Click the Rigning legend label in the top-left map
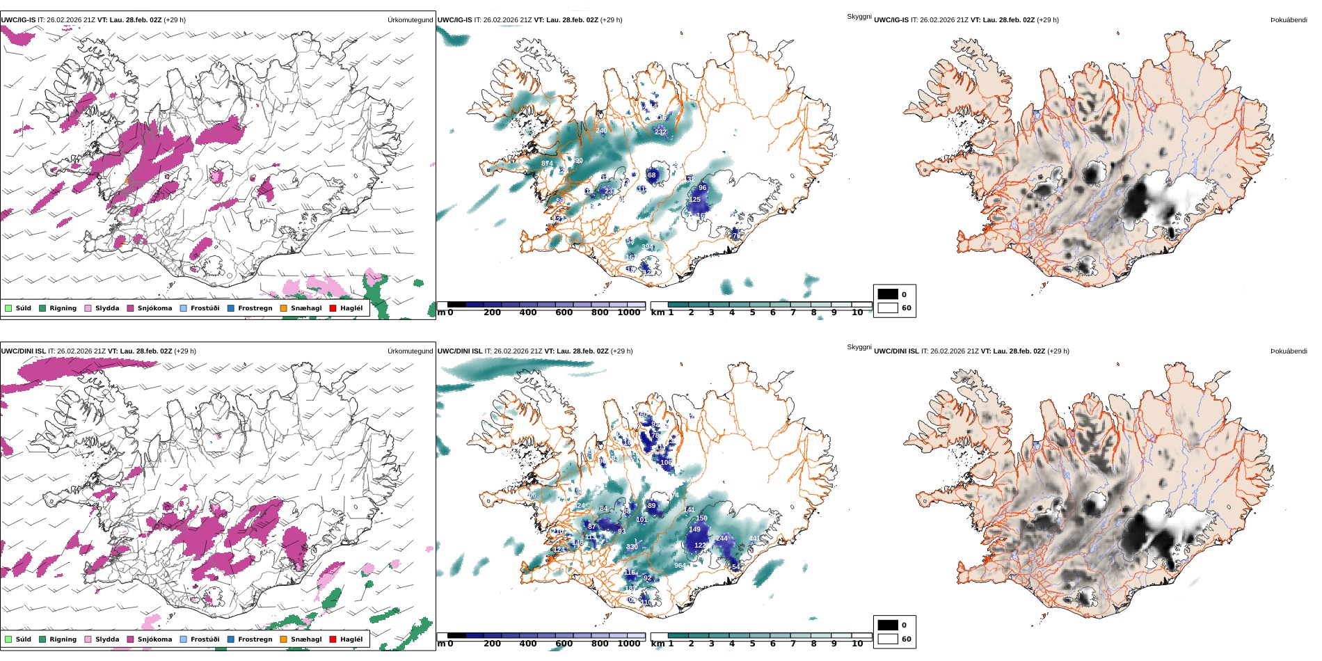click(x=63, y=308)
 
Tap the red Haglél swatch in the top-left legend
click(x=333, y=308)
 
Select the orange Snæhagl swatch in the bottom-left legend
click(x=283, y=639)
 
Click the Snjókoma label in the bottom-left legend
click(x=154, y=639)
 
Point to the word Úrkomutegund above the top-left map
click(x=410, y=20)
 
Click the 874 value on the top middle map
click(x=547, y=164)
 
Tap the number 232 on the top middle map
click(x=660, y=132)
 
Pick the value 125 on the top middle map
click(x=694, y=200)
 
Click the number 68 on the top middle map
click(x=651, y=175)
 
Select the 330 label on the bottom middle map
click(x=632, y=547)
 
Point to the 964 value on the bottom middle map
click(x=680, y=566)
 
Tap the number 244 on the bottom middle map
click(x=722, y=539)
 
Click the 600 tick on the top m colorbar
click(x=564, y=313)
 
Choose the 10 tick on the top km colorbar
click(x=857, y=313)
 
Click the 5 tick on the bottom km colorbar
click(x=752, y=644)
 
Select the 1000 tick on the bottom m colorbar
click(x=628, y=644)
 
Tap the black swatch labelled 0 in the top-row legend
click(x=888, y=294)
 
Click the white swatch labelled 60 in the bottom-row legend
click(x=888, y=639)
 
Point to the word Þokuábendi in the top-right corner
click(x=1289, y=20)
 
